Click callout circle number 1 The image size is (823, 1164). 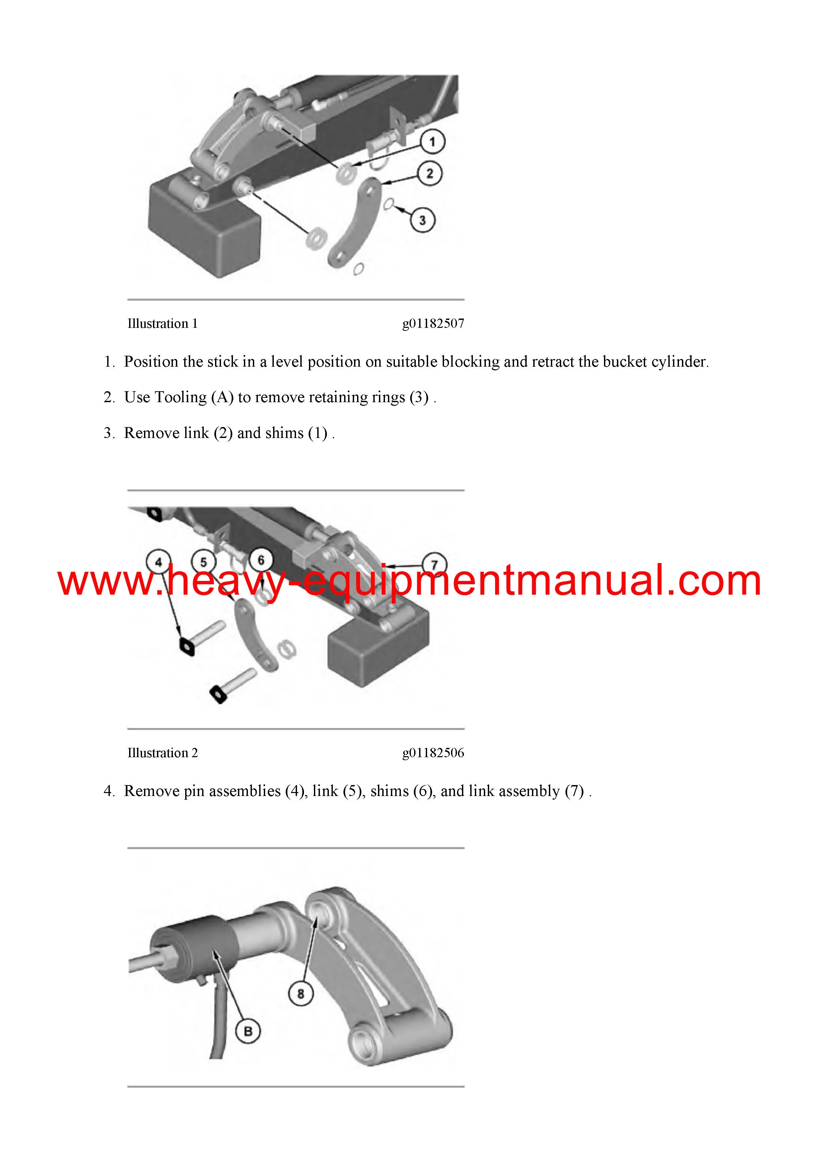pos(432,142)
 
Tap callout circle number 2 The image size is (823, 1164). pos(429,174)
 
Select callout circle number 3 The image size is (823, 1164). pos(422,220)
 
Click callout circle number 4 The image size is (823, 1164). pos(158,562)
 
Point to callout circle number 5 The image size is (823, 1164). pos(203,562)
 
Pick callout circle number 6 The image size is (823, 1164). pos(261,560)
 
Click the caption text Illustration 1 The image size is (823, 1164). pos(163,324)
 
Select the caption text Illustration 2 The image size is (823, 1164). pos(163,753)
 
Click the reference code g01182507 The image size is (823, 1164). pos(433,324)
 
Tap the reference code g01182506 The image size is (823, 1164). pos(433,753)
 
